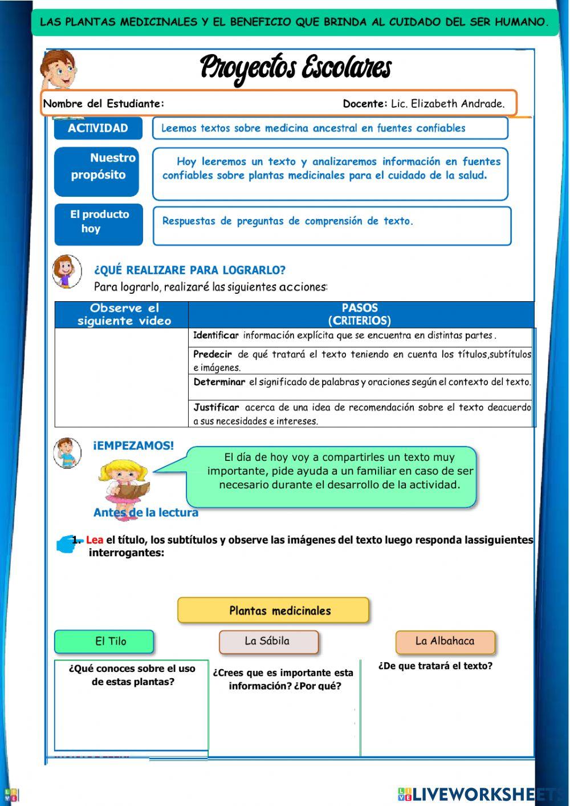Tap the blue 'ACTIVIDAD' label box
[x=98, y=128]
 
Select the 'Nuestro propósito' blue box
[x=98, y=171]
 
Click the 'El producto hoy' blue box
[x=99, y=224]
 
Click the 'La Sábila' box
[x=268, y=642]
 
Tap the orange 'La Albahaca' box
[x=445, y=642]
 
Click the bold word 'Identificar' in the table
[x=215, y=335]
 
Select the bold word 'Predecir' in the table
[x=213, y=354]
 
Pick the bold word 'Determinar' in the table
[x=219, y=382]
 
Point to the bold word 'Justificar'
[x=216, y=407]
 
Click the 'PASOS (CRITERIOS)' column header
[x=360, y=314]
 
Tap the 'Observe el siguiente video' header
[x=124, y=314]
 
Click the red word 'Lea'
[x=95, y=540]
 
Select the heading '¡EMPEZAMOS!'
[x=133, y=445]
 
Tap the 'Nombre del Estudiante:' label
[x=104, y=104]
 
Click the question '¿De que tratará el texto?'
[x=435, y=666]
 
